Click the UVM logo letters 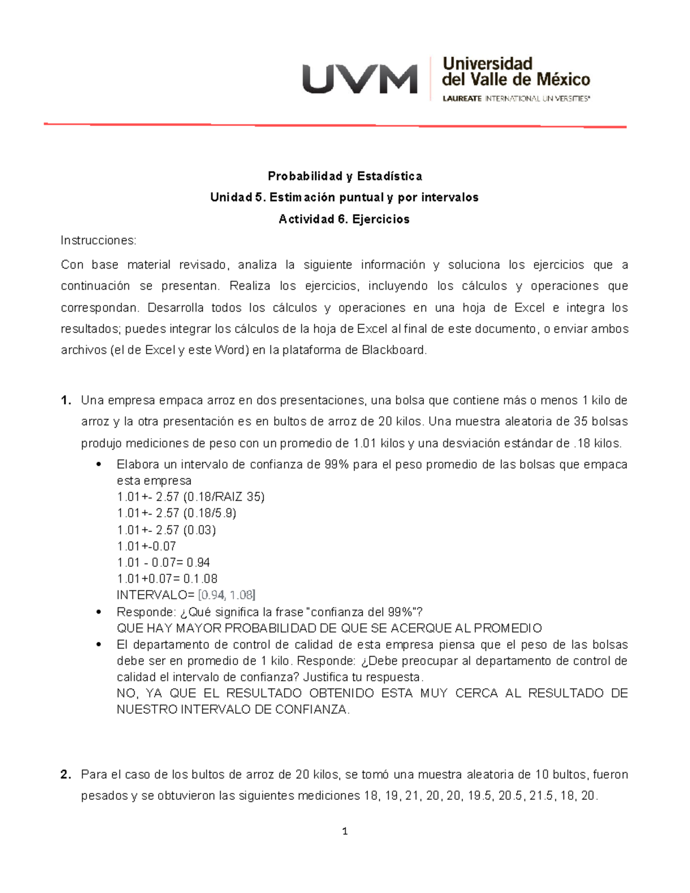pyautogui.click(x=359, y=79)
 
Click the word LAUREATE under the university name pyautogui.click(x=462, y=99)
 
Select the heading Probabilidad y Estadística pyautogui.click(x=344, y=176)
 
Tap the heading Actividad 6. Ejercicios pyautogui.click(x=344, y=219)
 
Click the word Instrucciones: pyautogui.click(x=98, y=240)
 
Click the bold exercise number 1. pyautogui.click(x=66, y=400)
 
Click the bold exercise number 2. pyautogui.click(x=66, y=775)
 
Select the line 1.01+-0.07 pyautogui.click(x=146, y=546)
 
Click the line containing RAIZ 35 pyautogui.click(x=190, y=497)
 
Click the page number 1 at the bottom pyautogui.click(x=344, y=831)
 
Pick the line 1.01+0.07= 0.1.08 pyautogui.click(x=167, y=579)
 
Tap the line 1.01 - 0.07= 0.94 pyautogui.click(x=163, y=562)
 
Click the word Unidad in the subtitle pyautogui.click(x=231, y=197)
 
